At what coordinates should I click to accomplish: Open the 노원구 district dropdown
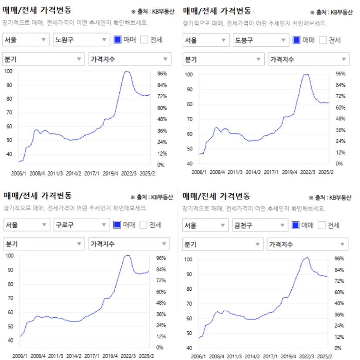pyautogui.click(x=81, y=40)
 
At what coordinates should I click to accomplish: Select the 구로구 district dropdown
pyautogui.click(x=81, y=225)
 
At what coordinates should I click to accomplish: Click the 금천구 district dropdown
pyautogui.click(x=260, y=225)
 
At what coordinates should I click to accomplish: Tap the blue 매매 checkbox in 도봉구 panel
pyautogui.click(x=297, y=40)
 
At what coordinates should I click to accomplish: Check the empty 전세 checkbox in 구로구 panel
pyautogui.click(x=144, y=225)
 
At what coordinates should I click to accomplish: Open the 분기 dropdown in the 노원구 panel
pyautogui.click(x=44, y=59)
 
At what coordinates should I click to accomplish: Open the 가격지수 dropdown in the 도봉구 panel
pyautogui.click(x=308, y=59)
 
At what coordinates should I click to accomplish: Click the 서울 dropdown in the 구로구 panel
pyautogui.click(x=26, y=225)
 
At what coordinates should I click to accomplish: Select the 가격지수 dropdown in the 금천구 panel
pyautogui.click(x=307, y=244)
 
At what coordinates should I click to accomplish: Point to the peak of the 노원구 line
pyautogui.click(x=127, y=71)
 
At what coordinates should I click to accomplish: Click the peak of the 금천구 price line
pyautogui.click(x=308, y=257)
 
